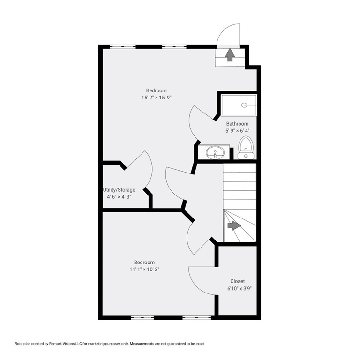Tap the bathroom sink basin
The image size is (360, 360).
pos(215,152)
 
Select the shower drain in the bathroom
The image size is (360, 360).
pos(244,105)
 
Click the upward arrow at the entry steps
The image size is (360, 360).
pos(230,54)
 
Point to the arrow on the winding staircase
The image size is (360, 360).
pos(234,225)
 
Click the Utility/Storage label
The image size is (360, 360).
pos(119,190)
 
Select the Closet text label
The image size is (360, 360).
pos(237,281)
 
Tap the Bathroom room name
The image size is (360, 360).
pos(237,124)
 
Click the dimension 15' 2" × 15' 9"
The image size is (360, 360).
pos(157,97)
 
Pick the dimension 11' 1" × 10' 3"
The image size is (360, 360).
pos(144,270)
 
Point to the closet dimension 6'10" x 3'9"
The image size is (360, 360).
pos(240,289)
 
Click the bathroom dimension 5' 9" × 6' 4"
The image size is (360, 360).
pos(237,131)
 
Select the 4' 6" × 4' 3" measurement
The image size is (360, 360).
pos(119,197)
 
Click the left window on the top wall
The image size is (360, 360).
pos(123,46)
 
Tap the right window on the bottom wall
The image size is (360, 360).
pos(197,318)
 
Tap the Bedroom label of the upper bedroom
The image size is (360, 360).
pos(157,90)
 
